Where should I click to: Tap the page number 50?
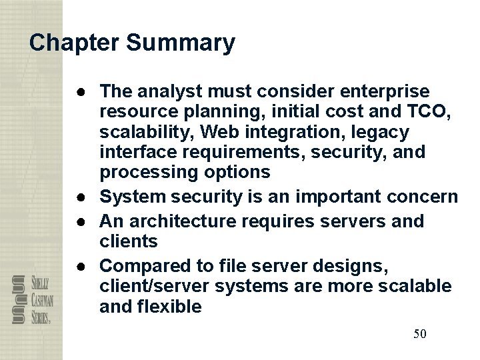point(419,333)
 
